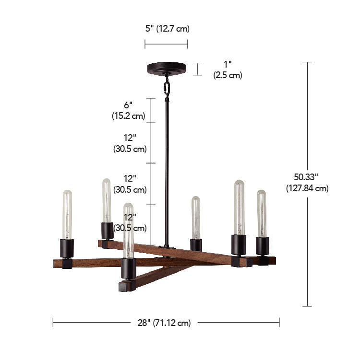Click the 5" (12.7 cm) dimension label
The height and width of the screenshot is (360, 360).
pyautogui.click(x=168, y=29)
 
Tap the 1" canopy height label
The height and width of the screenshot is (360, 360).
pyautogui.click(x=228, y=70)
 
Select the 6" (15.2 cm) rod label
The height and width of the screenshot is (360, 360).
pyautogui.click(x=129, y=110)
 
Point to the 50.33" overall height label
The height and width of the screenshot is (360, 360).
pyautogui.click(x=307, y=183)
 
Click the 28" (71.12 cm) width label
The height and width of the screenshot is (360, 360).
pyautogui.click(x=164, y=323)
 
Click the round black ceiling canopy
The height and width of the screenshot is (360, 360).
pyautogui.click(x=167, y=68)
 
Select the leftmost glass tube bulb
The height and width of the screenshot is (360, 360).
pyautogui.click(x=67, y=215)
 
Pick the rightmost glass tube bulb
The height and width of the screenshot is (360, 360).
pyautogui.click(x=262, y=214)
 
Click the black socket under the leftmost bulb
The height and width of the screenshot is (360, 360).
pyautogui.click(x=67, y=248)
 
